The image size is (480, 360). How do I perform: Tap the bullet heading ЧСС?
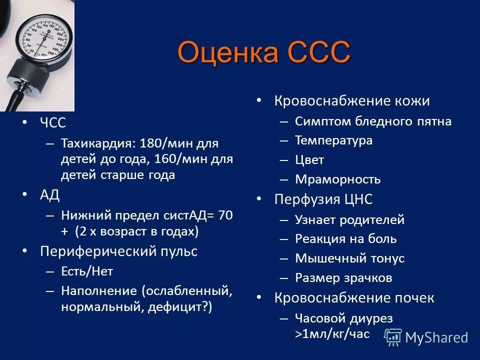coord(53,123)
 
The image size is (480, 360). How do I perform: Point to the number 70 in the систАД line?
coord(225,215)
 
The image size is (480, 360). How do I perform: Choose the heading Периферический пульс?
coord(118,251)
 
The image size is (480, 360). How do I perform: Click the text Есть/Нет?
coord(87,271)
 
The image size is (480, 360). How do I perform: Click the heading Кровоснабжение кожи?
coord(351,100)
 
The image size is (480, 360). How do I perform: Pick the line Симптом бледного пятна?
coord(373,121)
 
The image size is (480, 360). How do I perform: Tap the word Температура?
coord(333,140)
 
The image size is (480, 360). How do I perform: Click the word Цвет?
coord(309,160)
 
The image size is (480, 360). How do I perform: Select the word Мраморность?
coord(337,179)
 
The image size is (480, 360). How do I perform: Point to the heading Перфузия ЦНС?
coord(323,199)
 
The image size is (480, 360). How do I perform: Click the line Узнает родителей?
coord(349,219)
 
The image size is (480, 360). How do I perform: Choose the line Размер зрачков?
coord(343,278)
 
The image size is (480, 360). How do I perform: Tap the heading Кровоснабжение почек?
coord(354,298)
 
